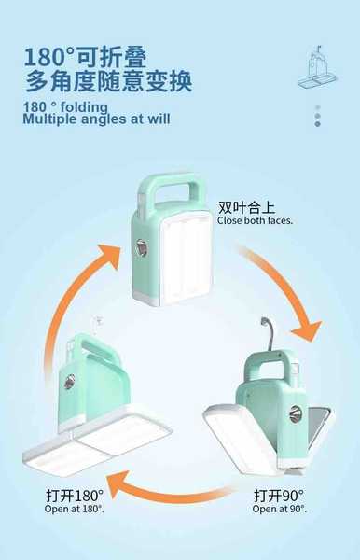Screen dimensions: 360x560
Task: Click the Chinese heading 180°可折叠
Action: [x=85, y=57]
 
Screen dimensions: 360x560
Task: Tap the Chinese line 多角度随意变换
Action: [x=108, y=81]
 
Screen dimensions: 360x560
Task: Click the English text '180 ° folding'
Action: [x=65, y=106]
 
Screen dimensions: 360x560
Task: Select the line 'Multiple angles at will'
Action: [x=96, y=119]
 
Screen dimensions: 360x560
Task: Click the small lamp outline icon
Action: [x=317, y=68]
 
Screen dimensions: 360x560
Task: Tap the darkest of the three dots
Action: [x=317, y=124]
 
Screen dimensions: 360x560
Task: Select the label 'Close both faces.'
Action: [x=255, y=220]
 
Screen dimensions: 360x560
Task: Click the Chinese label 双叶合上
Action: [x=246, y=207]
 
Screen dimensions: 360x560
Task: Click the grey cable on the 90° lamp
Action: [x=270, y=331]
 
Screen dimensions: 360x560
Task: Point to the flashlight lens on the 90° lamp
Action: [x=295, y=414]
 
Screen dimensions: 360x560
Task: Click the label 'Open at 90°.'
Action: [x=280, y=509]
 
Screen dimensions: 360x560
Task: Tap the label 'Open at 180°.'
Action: [x=75, y=509]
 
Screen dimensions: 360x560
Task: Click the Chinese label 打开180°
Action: [x=75, y=496]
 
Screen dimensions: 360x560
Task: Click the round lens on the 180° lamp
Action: [x=70, y=382]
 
